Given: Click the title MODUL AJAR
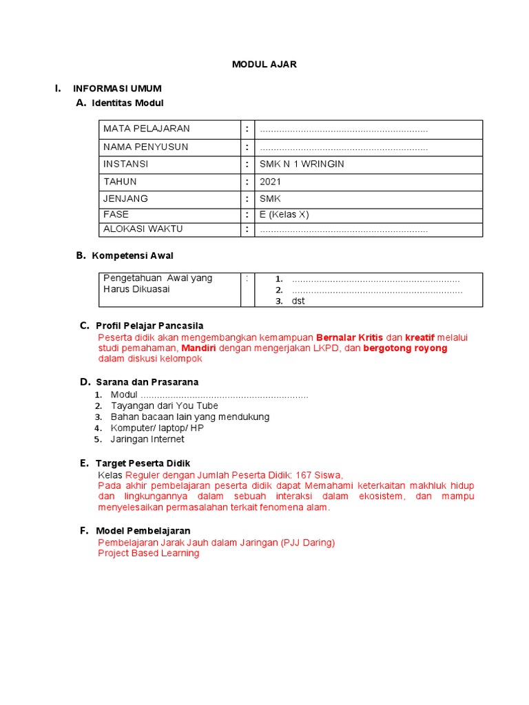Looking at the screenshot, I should (x=264, y=64).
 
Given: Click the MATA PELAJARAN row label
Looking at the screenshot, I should (x=146, y=129).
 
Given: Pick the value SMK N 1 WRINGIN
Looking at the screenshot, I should (x=302, y=164).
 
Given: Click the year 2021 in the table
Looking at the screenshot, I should (x=270, y=182).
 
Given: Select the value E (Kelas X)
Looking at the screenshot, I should (x=284, y=214).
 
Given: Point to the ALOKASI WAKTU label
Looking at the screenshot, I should (x=143, y=229).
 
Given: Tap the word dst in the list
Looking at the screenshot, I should (x=298, y=301).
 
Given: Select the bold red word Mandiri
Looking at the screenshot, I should (x=198, y=348).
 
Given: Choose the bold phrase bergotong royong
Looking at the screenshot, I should (x=405, y=348).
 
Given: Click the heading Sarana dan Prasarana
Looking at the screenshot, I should (x=147, y=381).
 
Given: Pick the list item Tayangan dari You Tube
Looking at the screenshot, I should (x=164, y=406).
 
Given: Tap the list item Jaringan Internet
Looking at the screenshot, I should (x=147, y=439).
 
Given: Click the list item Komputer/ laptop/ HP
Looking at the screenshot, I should (x=157, y=428).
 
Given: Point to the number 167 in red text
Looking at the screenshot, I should (x=304, y=475).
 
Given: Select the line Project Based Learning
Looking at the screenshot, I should (x=149, y=553).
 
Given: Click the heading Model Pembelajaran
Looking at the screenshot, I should (x=143, y=531).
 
